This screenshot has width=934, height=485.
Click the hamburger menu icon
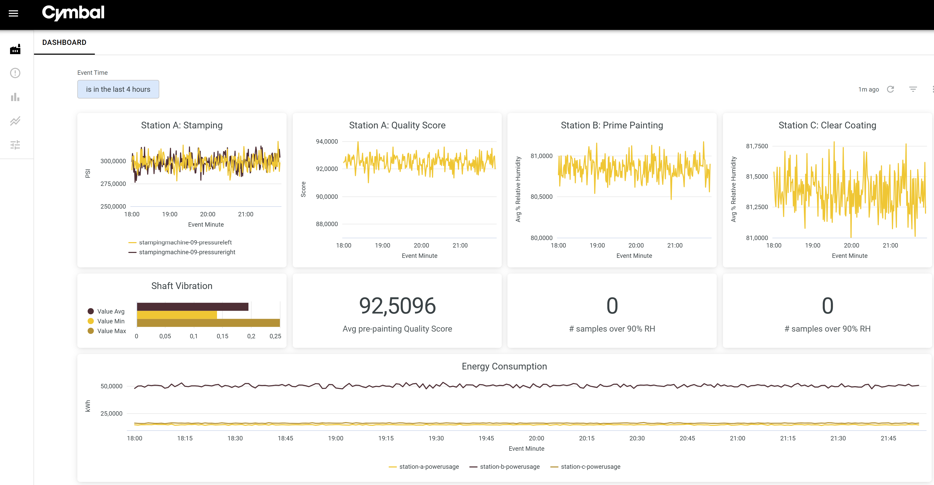(13, 13)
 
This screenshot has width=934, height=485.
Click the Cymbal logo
(73, 13)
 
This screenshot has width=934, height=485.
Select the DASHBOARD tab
(64, 43)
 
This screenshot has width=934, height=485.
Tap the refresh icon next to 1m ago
(890, 89)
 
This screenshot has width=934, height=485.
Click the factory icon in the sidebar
(15, 49)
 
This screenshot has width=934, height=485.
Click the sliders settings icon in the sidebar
(15, 145)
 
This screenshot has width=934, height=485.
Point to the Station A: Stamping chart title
(182, 125)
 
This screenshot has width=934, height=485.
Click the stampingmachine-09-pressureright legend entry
(187, 252)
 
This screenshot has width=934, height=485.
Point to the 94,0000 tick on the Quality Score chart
(327, 142)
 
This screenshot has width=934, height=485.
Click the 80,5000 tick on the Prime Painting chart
(541, 197)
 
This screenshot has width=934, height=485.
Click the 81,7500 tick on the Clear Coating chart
(757, 146)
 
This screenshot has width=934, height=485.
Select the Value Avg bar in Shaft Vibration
(193, 307)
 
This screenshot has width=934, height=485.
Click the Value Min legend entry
(111, 321)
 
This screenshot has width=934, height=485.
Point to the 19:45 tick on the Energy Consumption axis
(486, 438)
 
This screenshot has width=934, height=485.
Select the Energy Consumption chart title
(504, 366)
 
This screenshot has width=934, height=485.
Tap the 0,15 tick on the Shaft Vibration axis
(222, 336)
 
